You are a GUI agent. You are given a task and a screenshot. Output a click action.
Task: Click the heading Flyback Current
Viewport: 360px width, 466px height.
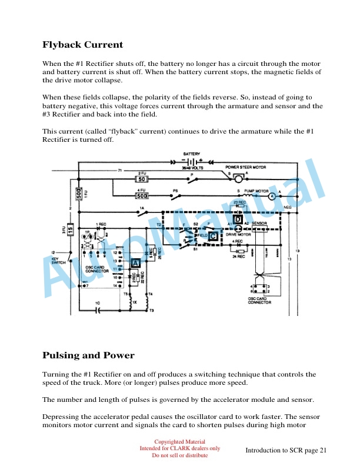pyautogui.click(x=82, y=45)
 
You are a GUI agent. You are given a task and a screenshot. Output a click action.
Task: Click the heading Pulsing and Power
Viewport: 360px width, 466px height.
pyautogui.click(x=88, y=355)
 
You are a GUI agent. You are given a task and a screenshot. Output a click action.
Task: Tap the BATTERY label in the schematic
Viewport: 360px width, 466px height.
pyautogui.click(x=192, y=154)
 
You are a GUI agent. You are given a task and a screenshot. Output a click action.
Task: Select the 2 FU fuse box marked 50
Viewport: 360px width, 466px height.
pyautogui.click(x=142, y=179)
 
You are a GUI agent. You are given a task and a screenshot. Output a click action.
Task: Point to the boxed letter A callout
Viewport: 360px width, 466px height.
pyautogui.click(x=135, y=263)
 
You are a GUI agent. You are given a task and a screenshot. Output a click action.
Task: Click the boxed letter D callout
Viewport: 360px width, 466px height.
pyautogui.click(x=238, y=219)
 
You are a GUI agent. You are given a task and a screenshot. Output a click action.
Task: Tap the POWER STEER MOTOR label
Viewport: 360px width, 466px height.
pyautogui.click(x=246, y=167)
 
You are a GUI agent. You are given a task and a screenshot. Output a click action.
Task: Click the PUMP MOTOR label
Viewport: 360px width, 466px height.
pyautogui.click(x=254, y=191)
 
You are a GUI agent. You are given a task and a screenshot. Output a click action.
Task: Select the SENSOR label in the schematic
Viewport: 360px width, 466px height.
pyautogui.click(x=260, y=224)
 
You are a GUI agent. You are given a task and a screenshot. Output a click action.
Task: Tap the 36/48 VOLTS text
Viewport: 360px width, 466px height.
pyautogui.click(x=192, y=168)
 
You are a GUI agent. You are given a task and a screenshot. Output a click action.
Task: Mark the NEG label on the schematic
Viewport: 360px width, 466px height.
pyautogui.click(x=288, y=207)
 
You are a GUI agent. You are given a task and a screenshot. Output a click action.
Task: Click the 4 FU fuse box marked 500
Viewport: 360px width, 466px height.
pyautogui.click(x=142, y=196)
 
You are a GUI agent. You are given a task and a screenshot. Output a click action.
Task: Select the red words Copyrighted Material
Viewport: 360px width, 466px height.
pyautogui.click(x=180, y=441)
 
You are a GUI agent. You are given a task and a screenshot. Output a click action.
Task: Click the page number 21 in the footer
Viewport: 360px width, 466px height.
pyautogui.click(x=321, y=450)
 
